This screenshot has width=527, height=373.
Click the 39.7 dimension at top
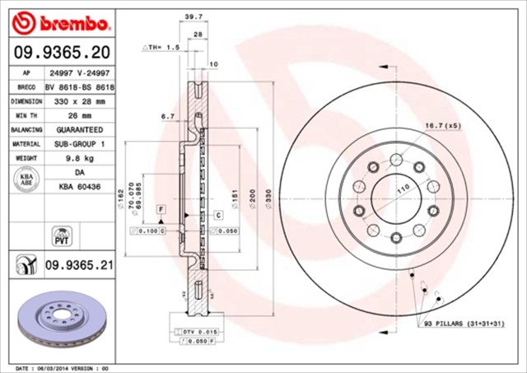(193, 16)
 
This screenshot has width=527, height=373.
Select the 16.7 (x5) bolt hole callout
(441, 125)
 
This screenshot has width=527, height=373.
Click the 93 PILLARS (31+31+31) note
(463, 324)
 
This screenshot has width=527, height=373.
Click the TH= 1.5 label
(163, 49)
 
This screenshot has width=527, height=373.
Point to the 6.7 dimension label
(168, 117)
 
